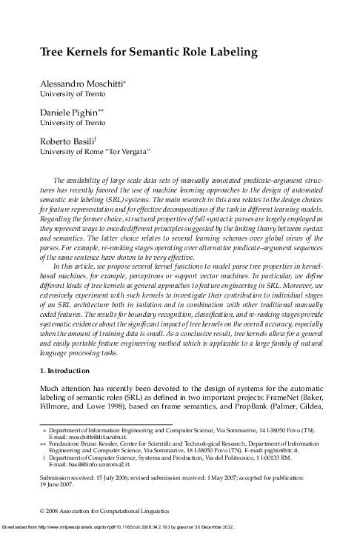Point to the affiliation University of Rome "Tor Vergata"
[96, 152]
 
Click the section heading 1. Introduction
[69, 368]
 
